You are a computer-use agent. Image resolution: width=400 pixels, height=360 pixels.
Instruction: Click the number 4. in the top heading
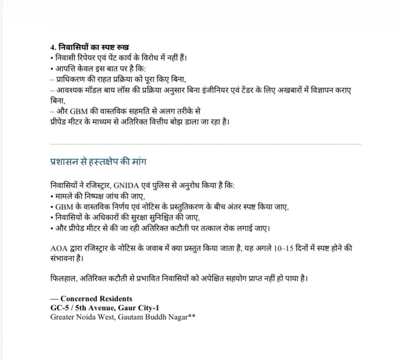[x=54, y=48]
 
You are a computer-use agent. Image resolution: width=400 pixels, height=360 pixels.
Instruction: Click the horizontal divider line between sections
[x=206, y=144]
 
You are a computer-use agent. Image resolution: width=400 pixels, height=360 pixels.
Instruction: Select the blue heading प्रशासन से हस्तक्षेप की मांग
[x=98, y=162]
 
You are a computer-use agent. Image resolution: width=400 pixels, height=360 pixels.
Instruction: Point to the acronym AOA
[x=59, y=249]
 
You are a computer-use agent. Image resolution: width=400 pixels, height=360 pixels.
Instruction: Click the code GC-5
[x=59, y=308]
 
